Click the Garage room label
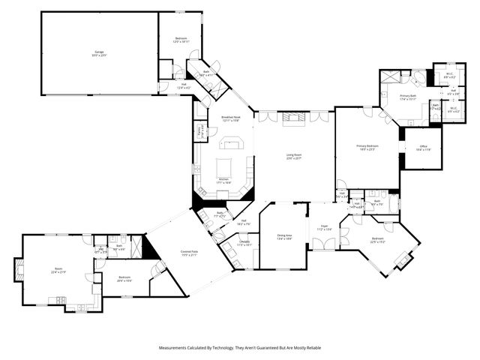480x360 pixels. [99, 52]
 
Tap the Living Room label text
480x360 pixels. [294, 157]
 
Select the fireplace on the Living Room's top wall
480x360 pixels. [293, 117]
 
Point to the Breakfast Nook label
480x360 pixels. [230, 118]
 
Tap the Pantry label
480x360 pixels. [199, 131]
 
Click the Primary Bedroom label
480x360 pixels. [367, 148]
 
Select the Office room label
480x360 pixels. [421, 148]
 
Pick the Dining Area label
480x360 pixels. [284, 237]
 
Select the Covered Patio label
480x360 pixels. [189, 253]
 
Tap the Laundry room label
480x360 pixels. [244, 243]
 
